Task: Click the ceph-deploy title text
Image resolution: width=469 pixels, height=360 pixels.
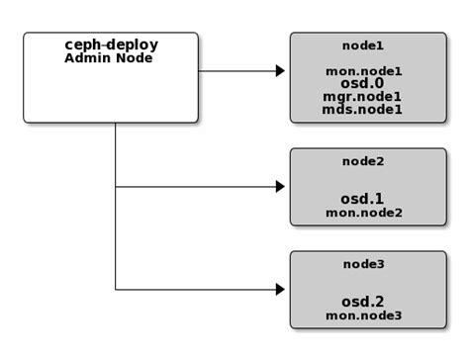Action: [x=111, y=45]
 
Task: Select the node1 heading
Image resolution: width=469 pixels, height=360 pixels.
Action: [x=362, y=45]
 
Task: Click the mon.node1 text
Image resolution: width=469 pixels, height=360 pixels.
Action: [x=363, y=71]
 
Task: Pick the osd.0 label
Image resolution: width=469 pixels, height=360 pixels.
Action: [x=362, y=84]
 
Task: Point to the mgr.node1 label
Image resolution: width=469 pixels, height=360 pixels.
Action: [x=362, y=97]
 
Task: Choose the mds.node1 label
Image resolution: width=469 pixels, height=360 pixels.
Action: [x=362, y=110]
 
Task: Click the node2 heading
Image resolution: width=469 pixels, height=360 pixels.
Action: [x=362, y=161]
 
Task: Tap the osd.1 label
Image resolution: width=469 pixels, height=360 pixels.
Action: [x=362, y=198]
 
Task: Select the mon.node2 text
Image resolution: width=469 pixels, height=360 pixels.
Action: [x=363, y=212]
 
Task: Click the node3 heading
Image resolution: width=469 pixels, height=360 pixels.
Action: [x=362, y=265]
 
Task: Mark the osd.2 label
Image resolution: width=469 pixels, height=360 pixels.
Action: [x=362, y=301]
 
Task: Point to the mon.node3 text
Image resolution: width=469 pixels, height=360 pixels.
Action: [x=363, y=315]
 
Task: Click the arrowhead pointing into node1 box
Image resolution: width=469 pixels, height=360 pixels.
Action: [x=280, y=71]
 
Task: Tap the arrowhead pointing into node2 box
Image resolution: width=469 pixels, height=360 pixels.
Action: [x=280, y=186]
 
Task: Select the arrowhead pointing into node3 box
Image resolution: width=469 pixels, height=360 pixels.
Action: [x=280, y=290]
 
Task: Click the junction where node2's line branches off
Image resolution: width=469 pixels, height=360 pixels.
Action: [x=116, y=186]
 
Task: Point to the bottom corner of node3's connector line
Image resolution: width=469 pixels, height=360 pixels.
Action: [x=116, y=290]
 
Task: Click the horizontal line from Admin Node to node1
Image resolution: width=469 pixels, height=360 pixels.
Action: [x=237, y=71]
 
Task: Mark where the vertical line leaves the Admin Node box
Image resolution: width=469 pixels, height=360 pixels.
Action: [x=116, y=124]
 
